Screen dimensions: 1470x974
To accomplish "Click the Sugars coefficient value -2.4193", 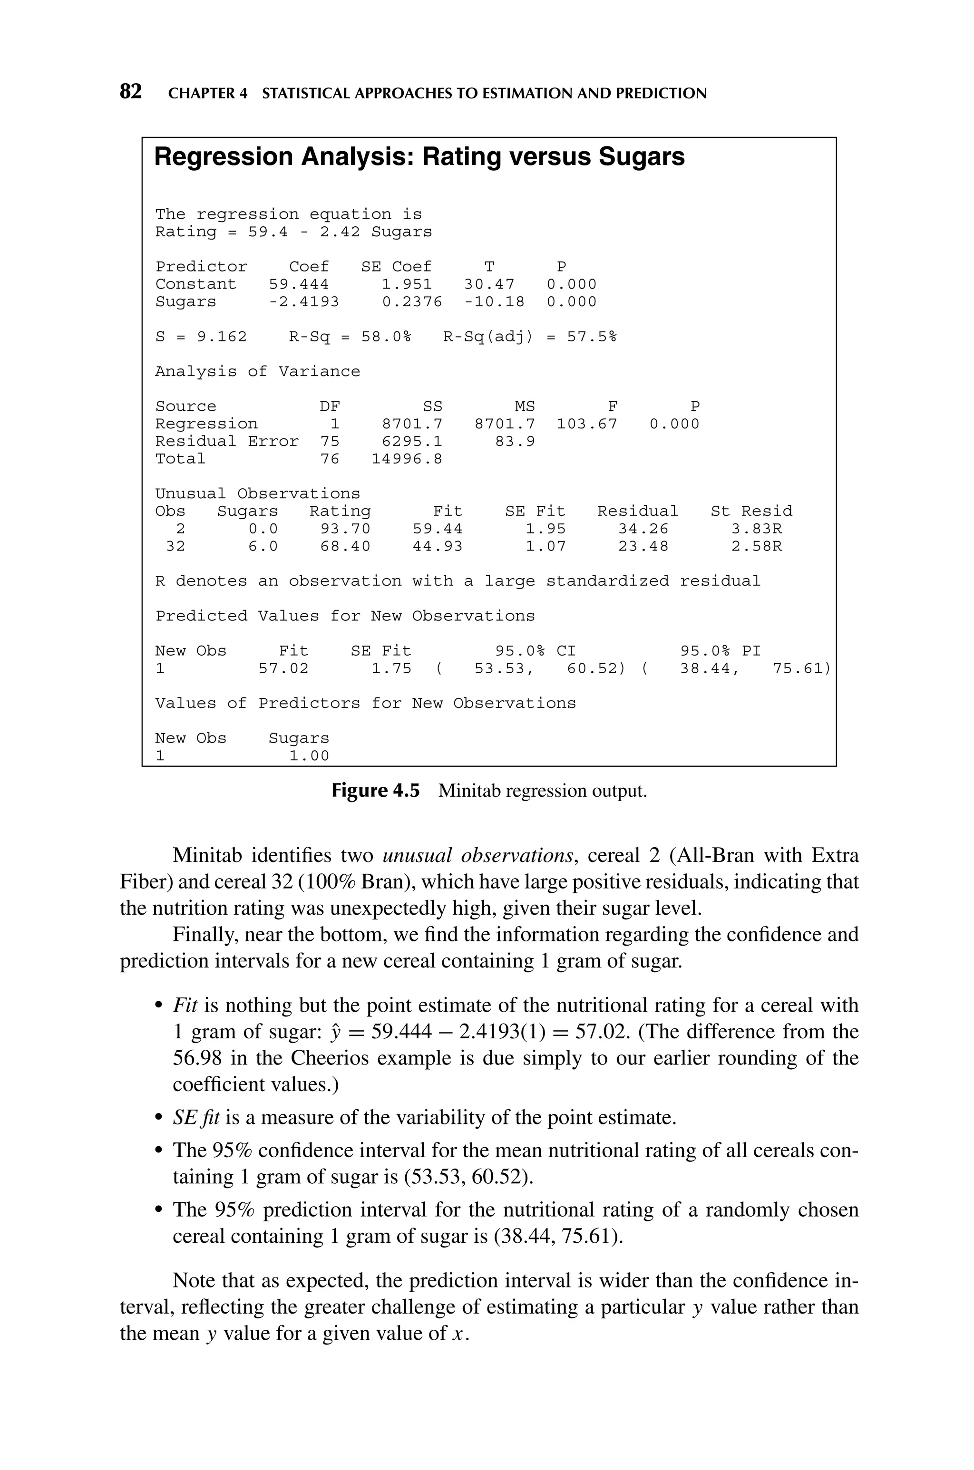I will pos(304,302).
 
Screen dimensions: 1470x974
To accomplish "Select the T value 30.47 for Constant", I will pos(489,285).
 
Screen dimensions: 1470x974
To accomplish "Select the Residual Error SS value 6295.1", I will pos(412,441).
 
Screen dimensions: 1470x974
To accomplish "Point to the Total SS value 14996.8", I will pos(407,459).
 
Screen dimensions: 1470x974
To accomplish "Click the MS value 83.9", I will pos(515,441).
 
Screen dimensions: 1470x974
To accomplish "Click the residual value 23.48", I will pos(643,546).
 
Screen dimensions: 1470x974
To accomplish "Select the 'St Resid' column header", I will pos(751,512).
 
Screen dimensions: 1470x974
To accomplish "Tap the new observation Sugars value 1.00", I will pos(309,756).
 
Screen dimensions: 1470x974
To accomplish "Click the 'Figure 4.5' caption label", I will pos(375,791).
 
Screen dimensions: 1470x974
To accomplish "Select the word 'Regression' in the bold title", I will pos(223,157).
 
